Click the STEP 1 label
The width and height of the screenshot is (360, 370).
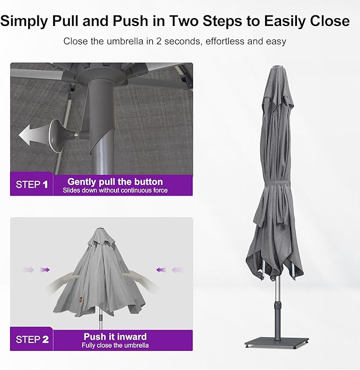(31, 184)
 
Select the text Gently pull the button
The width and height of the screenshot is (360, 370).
(115, 181)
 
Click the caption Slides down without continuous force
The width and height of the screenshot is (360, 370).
(115, 190)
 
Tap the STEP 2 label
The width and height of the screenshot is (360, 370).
(31, 340)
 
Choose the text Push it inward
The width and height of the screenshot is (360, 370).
(115, 337)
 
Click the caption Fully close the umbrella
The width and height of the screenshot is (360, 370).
(115, 346)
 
